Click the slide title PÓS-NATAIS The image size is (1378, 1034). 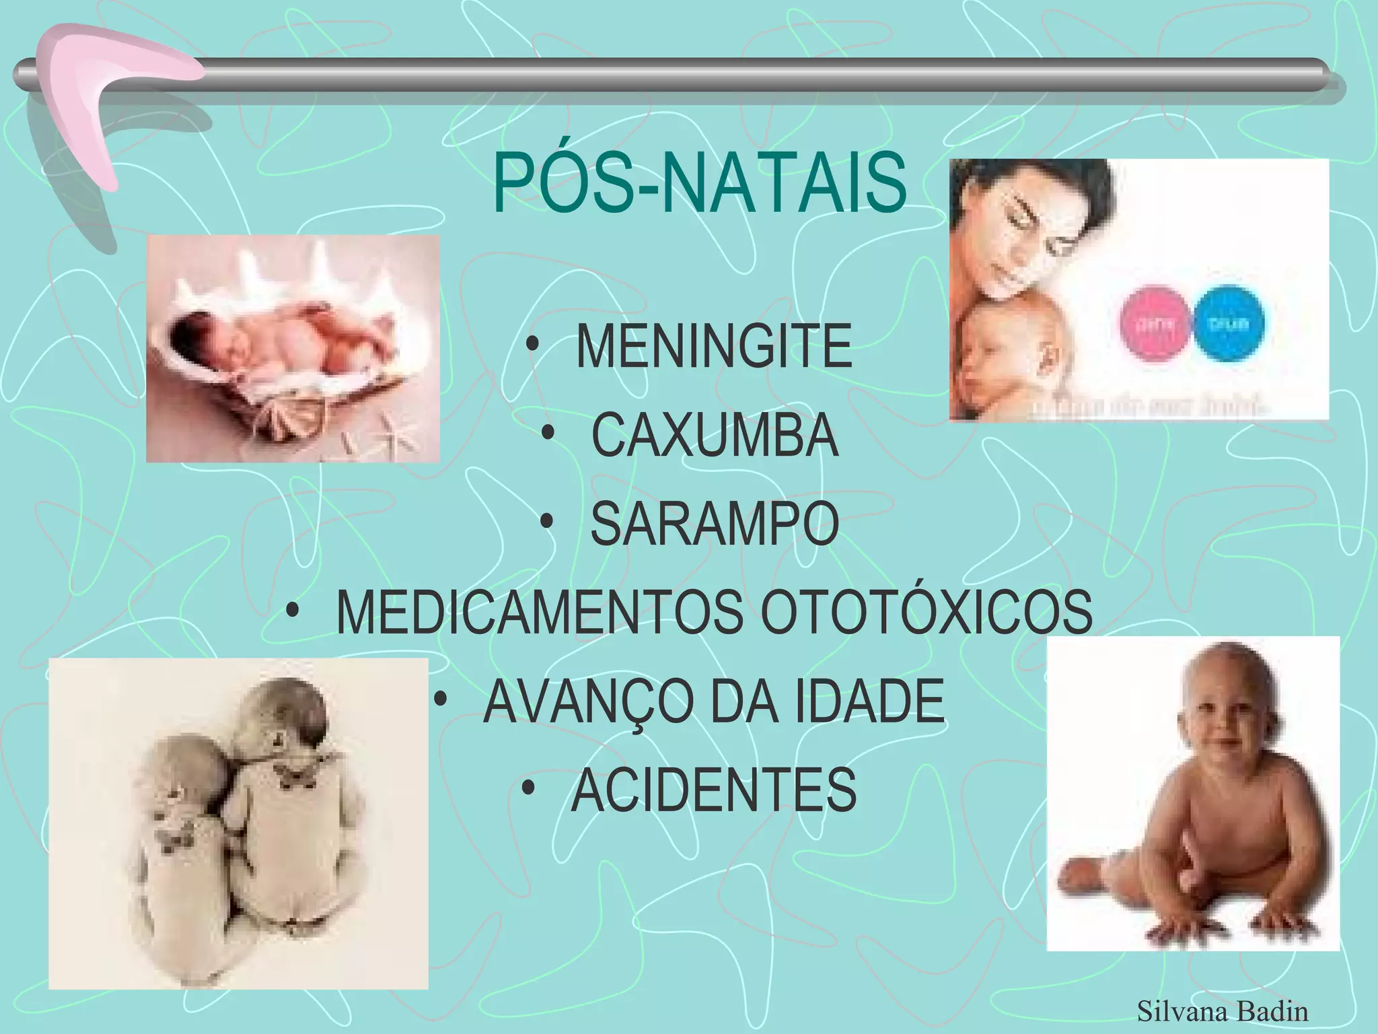[x=700, y=183]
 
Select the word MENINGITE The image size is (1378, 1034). [x=714, y=347]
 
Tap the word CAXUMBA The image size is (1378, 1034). [x=715, y=436]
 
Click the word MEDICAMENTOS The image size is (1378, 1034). [x=539, y=613]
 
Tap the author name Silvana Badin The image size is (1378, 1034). [x=1222, y=1011]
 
